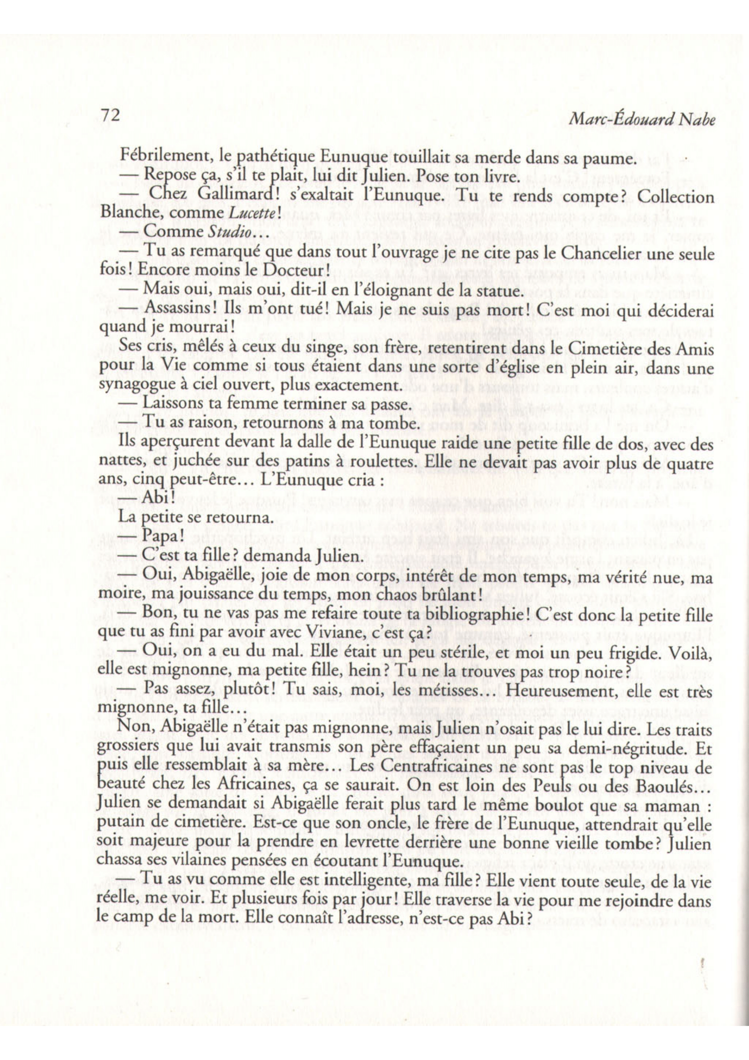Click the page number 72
click(x=110, y=116)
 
